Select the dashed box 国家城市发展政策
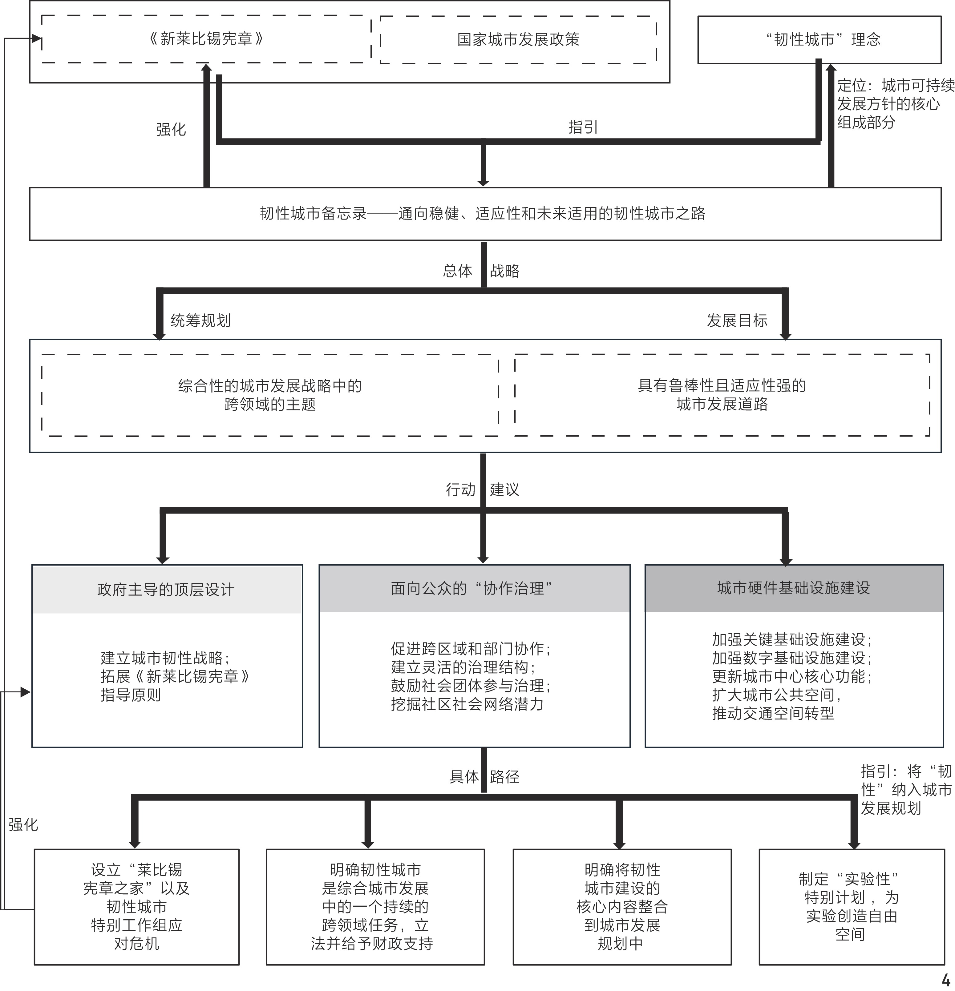click(x=518, y=39)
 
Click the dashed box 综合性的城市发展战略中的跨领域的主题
click(x=269, y=395)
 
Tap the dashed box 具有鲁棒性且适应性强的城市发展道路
click(x=722, y=395)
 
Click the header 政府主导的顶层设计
click(x=166, y=589)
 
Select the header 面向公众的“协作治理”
click(x=474, y=588)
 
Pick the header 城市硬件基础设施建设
click(x=794, y=587)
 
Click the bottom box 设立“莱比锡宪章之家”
click(x=136, y=907)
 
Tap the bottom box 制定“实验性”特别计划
click(x=851, y=907)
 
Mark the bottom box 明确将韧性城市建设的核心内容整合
click(x=622, y=907)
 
